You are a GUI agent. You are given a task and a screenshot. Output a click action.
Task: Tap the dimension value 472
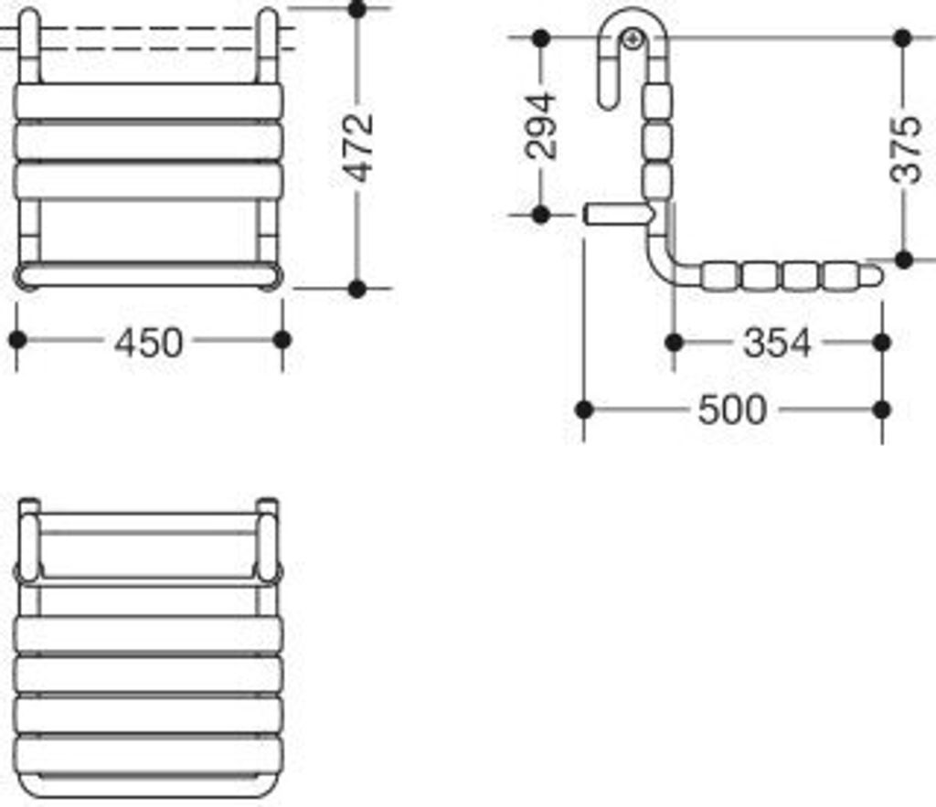[360, 147]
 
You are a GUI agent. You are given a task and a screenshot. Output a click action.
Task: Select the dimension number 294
[542, 125]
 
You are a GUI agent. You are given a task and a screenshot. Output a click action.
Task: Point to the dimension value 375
[905, 149]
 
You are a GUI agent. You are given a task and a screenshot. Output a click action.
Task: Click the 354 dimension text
[777, 344]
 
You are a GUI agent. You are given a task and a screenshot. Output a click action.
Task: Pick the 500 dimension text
[732, 410]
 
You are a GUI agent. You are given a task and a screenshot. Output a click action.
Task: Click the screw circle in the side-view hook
[632, 38]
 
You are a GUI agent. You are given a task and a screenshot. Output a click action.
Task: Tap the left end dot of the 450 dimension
[16, 340]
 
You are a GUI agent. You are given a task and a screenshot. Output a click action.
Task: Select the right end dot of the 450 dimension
[282, 340]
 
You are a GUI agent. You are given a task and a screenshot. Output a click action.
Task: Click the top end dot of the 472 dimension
[357, 10]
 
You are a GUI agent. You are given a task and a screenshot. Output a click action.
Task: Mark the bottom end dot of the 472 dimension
[357, 289]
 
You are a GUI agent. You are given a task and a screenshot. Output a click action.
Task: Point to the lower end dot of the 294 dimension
[540, 215]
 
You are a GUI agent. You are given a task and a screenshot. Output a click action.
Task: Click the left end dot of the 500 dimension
[585, 409]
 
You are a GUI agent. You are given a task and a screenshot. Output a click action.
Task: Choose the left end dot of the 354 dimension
[675, 343]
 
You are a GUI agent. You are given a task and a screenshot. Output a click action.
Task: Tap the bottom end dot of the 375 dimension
[904, 260]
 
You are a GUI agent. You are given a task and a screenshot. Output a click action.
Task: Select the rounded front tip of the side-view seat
[873, 274]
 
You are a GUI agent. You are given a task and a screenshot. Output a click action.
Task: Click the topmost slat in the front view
[149, 101]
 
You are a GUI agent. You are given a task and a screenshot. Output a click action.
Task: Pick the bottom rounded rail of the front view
[149, 274]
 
